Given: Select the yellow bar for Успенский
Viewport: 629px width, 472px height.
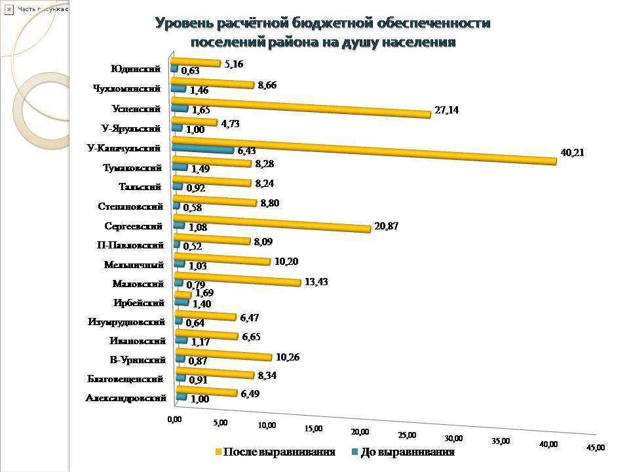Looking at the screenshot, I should coord(301,108).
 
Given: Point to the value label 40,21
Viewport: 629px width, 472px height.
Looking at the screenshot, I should coord(572,153).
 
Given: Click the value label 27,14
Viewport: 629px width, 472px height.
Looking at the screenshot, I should coord(446,110).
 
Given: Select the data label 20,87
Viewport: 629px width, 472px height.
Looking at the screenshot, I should coord(386,226).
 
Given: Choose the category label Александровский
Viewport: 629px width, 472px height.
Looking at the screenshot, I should coord(125,398).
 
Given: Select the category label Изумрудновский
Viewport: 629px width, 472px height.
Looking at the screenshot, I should coord(125,322).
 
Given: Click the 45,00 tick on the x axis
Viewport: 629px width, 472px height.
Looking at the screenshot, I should coord(595,447).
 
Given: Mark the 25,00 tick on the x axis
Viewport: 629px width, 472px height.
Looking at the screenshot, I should coord(407,435).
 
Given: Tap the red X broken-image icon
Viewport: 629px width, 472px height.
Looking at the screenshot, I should coord(9,9).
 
